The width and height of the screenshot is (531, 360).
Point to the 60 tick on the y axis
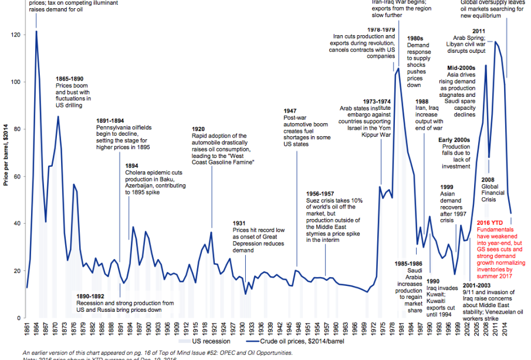(18, 176)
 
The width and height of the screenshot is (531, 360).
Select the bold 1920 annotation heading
(199, 129)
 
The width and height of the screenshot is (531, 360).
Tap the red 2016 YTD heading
(491, 223)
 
